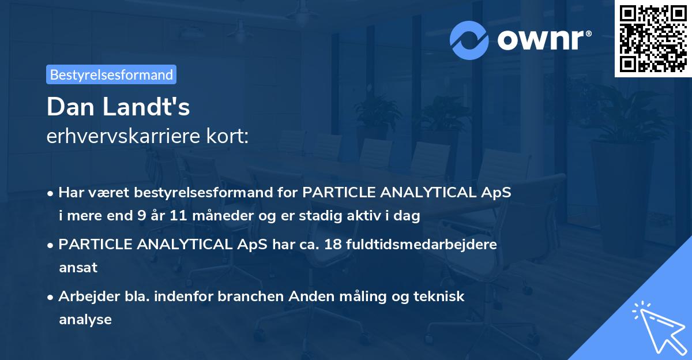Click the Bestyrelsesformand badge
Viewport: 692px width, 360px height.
111,74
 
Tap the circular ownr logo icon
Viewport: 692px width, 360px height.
470,40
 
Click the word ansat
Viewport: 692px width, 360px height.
78,268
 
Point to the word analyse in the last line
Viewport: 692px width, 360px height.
85,319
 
